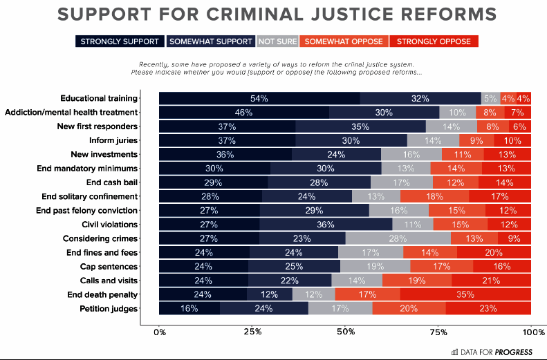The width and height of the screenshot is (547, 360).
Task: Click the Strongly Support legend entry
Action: coord(120,41)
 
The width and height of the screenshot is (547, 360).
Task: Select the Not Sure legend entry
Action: coord(277,41)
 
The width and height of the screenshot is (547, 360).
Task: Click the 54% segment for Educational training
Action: coord(259,99)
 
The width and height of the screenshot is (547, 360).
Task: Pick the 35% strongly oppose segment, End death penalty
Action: coord(465,294)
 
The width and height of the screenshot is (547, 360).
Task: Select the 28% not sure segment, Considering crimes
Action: coord(398,238)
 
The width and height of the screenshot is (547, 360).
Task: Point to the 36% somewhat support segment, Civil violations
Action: coord(326,225)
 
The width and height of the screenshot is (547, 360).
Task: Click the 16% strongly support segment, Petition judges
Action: coord(189,308)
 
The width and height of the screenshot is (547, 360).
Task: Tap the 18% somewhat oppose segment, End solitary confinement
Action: coord(434,196)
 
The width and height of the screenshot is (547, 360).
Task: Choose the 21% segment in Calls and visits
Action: coord(491,281)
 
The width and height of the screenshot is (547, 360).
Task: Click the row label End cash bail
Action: coord(112,182)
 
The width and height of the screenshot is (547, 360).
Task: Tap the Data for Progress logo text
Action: coord(497,352)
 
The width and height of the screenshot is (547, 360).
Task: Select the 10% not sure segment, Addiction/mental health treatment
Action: coord(457,113)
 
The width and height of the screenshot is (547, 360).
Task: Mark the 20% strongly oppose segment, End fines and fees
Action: coord(494,252)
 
